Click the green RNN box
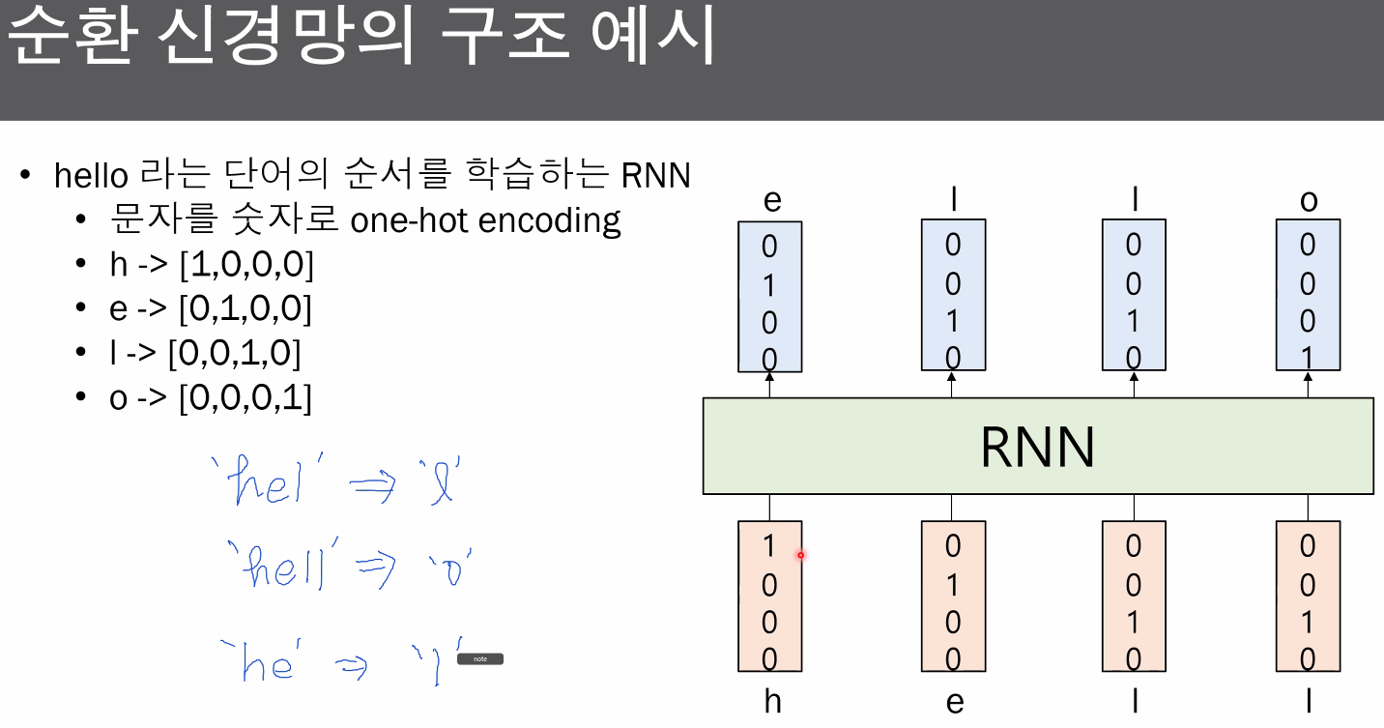point(1037,446)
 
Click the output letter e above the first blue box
point(771,201)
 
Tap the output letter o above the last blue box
point(1308,201)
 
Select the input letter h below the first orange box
point(771,701)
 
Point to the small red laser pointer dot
point(800,555)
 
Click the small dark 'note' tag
point(480,659)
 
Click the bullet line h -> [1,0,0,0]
point(212,264)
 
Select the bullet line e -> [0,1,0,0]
point(211,308)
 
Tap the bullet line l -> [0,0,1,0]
point(206,353)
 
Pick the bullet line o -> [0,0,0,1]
point(211,397)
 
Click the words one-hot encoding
point(485,220)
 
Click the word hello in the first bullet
point(91,176)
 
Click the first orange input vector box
point(769,596)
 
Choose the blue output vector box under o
point(1308,295)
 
